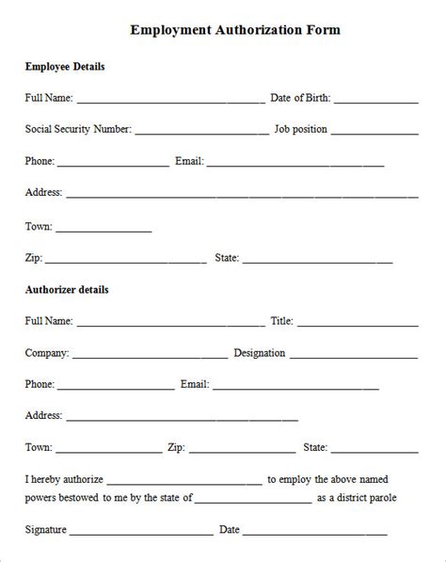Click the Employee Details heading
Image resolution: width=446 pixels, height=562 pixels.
click(64, 67)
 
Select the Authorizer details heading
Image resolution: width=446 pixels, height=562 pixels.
click(66, 289)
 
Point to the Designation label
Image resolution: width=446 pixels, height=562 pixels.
click(259, 353)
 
